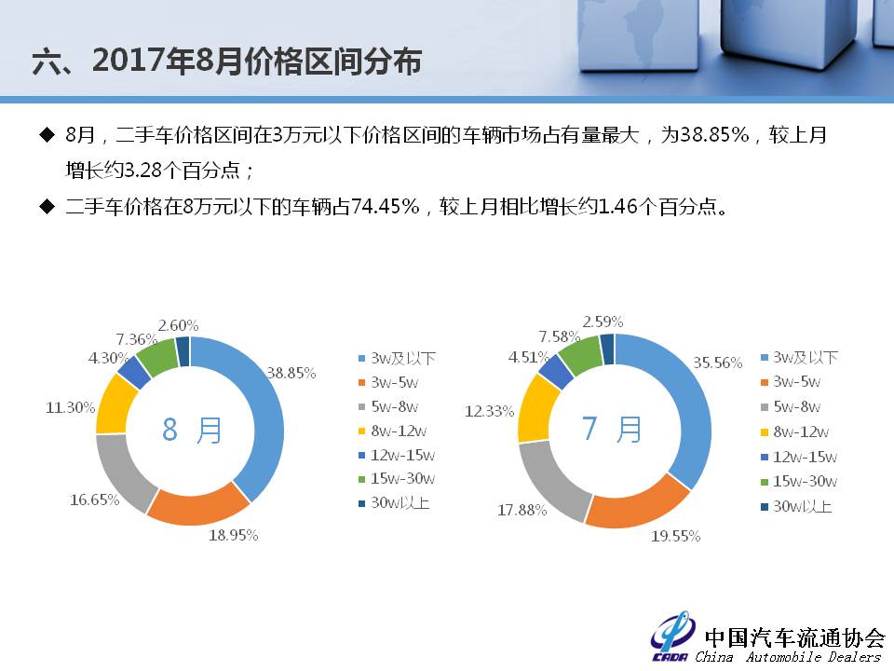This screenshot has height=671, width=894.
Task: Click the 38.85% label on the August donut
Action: [x=291, y=373]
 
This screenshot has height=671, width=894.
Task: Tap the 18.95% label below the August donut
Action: [x=233, y=535]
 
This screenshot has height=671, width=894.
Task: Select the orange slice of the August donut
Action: [x=196, y=505]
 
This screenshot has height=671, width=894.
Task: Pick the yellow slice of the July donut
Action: [x=536, y=408]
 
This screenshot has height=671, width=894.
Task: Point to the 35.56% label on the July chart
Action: [x=718, y=363]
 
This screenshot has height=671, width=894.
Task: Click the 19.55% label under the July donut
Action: [x=676, y=537]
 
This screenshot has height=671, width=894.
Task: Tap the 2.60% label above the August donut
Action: [x=179, y=326]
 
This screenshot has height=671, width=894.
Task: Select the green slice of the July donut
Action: [x=579, y=355]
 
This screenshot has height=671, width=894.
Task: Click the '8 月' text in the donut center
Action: [x=192, y=430]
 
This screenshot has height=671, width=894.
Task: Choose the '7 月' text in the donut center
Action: [x=612, y=429]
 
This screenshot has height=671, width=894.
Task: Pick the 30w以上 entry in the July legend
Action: [x=796, y=506]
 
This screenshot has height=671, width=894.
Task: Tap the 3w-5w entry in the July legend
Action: [x=791, y=382]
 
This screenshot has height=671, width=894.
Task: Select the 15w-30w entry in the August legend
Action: [x=397, y=479]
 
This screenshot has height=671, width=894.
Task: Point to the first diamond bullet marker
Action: [x=47, y=135]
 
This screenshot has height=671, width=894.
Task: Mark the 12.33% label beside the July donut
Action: [x=490, y=411]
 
